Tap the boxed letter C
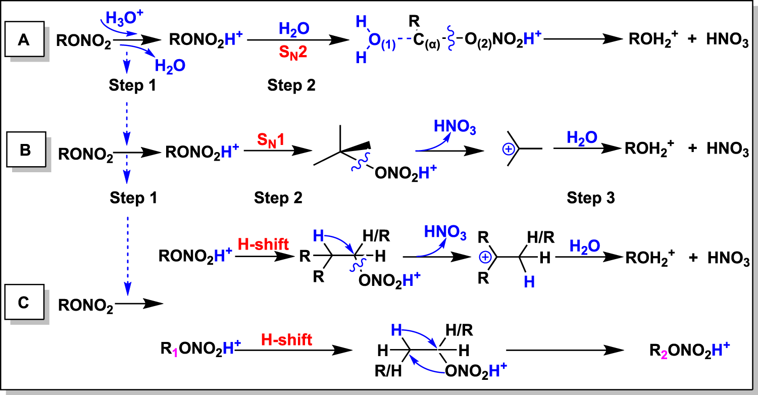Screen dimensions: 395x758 click(x=23, y=303)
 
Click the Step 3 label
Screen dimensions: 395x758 click(x=590, y=198)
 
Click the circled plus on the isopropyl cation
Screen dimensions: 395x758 click(x=509, y=149)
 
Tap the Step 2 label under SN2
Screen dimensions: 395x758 click(x=291, y=85)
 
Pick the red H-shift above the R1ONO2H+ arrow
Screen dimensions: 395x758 click(x=287, y=340)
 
